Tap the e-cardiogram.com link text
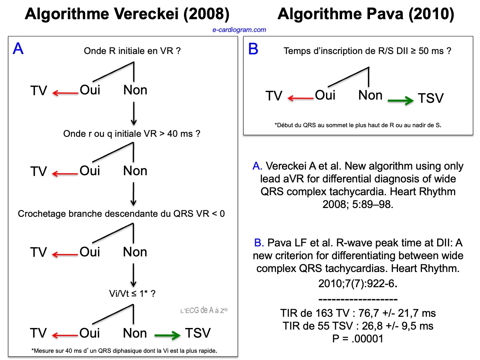pyautogui.click(x=239, y=30)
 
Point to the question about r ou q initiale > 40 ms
pyautogui.click(x=132, y=134)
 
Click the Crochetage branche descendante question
pyautogui.click(x=121, y=214)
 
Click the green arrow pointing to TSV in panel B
pyautogui.click(x=400, y=101)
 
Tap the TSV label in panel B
pyautogui.click(x=431, y=98)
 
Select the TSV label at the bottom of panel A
pyautogui.click(x=197, y=333)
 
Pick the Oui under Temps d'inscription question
pyautogui.click(x=325, y=95)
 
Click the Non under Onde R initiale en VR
pyautogui.click(x=135, y=90)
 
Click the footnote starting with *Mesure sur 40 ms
pyautogui.click(x=124, y=351)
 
